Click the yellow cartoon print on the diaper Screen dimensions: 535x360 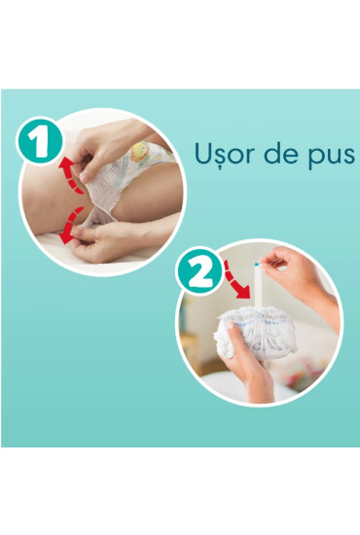(139, 152)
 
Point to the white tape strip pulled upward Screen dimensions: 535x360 (258, 292)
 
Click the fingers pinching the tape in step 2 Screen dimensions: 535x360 (277, 261)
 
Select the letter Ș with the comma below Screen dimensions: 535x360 (220, 157)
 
